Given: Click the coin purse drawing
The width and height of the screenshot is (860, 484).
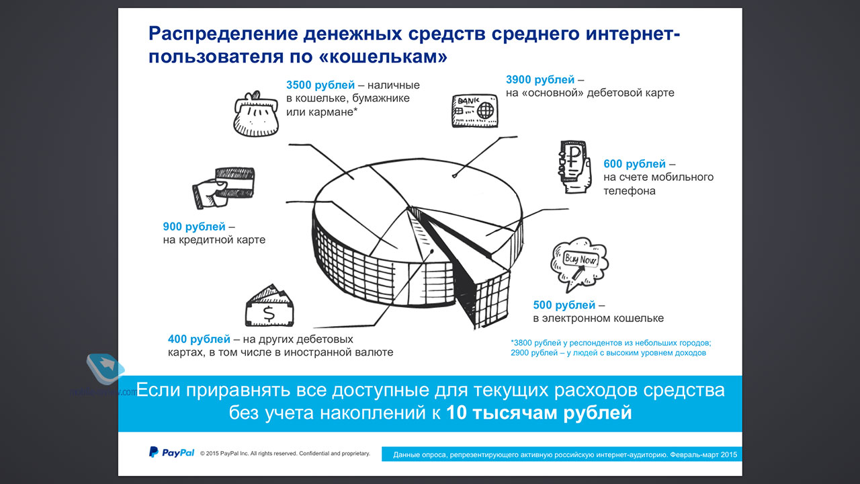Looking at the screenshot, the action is (256, 114).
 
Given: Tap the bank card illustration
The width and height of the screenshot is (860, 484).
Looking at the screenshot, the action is (475, 111).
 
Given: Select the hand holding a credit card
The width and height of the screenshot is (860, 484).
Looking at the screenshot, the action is (223, 188).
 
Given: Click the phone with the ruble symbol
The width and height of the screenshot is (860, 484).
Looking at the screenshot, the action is (574, 166).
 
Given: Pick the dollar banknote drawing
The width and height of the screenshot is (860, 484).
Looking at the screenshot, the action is (269, 306).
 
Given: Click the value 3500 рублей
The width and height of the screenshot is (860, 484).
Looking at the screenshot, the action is (320, 85).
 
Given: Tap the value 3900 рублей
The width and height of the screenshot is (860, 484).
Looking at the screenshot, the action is (540, 79).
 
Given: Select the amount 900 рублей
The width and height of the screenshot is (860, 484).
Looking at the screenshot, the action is (194, 227).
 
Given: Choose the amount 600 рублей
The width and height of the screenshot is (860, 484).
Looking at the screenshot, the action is (635, 164).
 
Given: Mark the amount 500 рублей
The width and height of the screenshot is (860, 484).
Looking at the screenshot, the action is (564, 305).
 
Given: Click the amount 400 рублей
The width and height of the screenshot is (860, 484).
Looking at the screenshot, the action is (199, 339).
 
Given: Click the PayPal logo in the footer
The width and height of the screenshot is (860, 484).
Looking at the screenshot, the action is (171, 452).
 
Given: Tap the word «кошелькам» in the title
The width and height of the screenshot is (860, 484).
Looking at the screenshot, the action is (383, 57).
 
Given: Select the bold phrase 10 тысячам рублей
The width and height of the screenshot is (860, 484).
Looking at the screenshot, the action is (539, 413).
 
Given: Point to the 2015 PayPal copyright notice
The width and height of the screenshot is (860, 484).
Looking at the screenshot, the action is (285, 454).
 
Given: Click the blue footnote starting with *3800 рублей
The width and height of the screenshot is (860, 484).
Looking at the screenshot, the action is (611, 348).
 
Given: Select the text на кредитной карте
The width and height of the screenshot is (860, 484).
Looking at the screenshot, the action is (214, 240).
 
